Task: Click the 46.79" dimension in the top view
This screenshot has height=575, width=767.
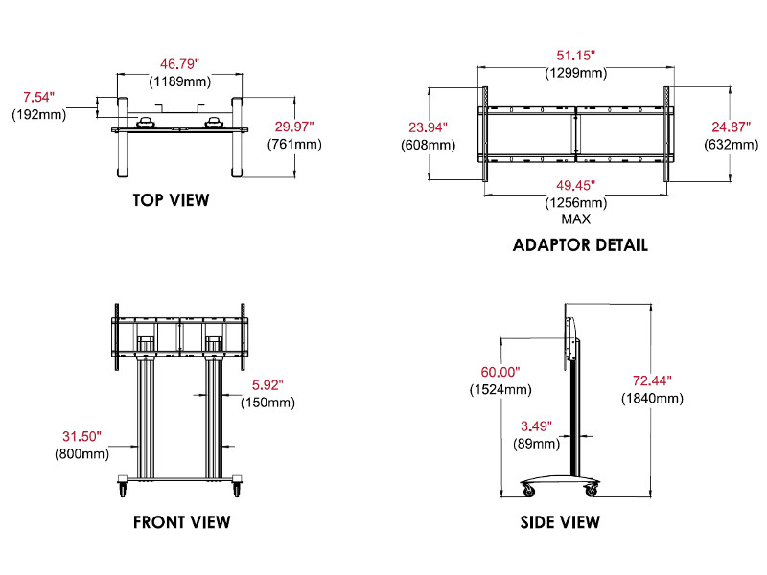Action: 179,64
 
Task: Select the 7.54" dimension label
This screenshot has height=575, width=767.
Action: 38,97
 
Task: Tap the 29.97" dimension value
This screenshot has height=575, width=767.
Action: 293,126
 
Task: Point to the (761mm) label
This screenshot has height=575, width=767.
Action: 294,144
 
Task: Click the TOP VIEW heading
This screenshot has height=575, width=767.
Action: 171,200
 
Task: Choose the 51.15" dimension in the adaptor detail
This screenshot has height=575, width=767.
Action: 575,55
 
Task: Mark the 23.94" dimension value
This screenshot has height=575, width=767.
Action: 428,126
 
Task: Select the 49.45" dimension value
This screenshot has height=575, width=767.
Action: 575,185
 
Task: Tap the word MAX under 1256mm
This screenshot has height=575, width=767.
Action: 575,218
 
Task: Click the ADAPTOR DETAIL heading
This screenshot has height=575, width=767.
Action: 580,244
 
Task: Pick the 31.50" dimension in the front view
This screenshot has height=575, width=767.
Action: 80,436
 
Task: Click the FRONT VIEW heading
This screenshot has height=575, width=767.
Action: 182,522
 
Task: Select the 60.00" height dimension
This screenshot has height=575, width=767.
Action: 500,372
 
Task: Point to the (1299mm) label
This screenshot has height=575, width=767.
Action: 575,72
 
